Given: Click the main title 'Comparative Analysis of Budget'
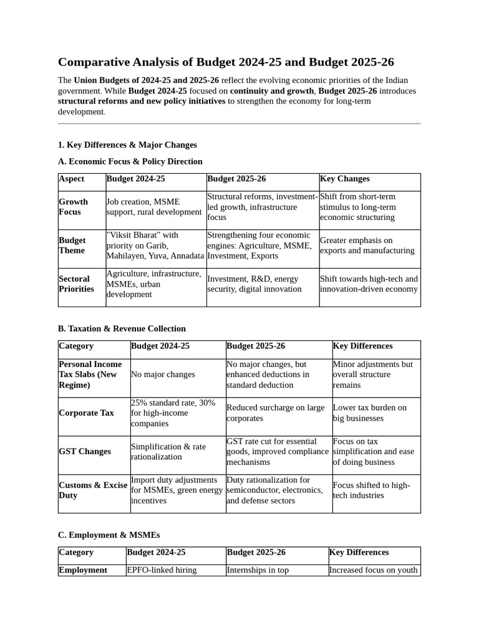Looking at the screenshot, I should coord(226,62).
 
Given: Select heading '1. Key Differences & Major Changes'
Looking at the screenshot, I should coord(127,145).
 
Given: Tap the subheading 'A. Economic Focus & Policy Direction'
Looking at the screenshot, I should coord(130,161).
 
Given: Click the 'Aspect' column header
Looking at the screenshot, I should coord(71,179).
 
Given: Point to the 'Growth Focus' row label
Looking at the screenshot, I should coord(74,207).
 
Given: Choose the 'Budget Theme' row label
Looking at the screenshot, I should coord(72,245).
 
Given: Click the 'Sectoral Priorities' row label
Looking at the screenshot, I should coord(76,284).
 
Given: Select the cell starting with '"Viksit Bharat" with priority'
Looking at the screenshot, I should coord(155,245).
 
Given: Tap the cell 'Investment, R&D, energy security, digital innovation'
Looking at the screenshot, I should coord(254,284).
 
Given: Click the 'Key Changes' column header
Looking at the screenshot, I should coord(345,179).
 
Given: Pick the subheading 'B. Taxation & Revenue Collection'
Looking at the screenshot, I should coord(122,328).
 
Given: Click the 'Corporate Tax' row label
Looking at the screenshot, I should coord(86,413).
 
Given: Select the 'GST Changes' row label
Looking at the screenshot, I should coord(85,452).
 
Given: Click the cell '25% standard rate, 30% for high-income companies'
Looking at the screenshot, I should coord(173,413).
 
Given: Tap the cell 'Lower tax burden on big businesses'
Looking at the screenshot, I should coord(370,413).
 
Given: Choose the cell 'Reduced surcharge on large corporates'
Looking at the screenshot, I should coord(276,413).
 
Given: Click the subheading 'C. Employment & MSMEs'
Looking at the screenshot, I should coord(109,535).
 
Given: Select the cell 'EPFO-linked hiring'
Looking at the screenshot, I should coord(162,570).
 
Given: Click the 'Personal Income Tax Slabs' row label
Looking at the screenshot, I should coord(90,374).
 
